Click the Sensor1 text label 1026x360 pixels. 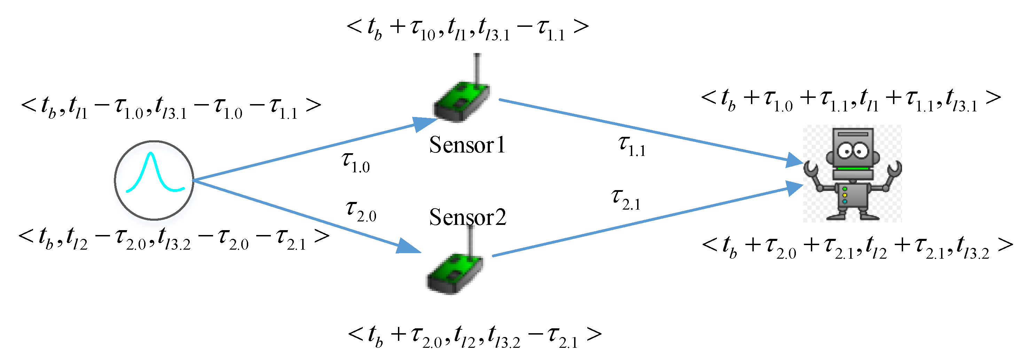[467, 145]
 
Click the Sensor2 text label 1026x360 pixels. [467, 218]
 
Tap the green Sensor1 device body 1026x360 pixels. [461, 101]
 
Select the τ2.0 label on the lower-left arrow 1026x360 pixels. [361, 211]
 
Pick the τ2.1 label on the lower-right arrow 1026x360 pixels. [626, 199]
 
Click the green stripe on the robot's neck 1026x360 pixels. [852, 169]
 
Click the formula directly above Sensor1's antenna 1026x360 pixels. [467, 29]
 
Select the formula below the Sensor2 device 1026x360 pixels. [474, 337]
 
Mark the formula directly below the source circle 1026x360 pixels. [174, 239]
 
